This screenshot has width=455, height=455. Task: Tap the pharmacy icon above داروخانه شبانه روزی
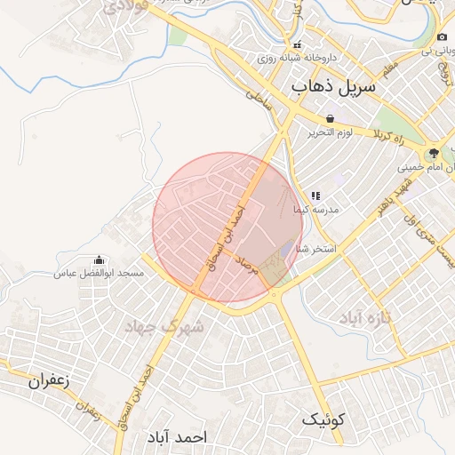(x=298, y=44)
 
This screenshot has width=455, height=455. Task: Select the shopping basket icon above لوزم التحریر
(x=331, y=118)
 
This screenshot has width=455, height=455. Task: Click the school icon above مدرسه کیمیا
(x=315, y=196)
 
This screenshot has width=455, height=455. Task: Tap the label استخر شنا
(x=315, y=249)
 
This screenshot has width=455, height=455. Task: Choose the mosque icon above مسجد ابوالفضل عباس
(x=99, y=260)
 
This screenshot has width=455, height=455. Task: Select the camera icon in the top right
(x=443, y=36)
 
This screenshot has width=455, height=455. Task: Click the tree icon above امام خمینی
(x=434, y=152)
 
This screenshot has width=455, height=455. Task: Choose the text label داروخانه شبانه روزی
(x=289, y=58)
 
